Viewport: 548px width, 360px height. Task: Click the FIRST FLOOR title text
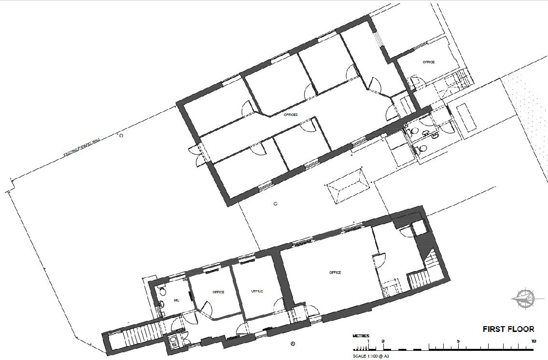pos(508,329)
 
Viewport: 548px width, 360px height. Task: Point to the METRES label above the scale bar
pos(361,336)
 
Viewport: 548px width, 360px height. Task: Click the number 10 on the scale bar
pos(533,341)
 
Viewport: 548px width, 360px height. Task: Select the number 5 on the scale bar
pos(458,341)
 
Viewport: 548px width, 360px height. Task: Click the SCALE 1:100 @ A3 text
pos(371,356)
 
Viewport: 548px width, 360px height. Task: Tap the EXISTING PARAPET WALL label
pos(82,147)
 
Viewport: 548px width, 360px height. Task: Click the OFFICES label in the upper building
pos(291,115)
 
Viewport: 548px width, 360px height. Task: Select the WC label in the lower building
pos(176,300)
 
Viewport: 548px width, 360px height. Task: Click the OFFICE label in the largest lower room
pos(335,273)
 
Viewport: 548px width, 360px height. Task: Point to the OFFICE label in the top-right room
pos(428,62)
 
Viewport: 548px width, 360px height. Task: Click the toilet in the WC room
pos(161,303)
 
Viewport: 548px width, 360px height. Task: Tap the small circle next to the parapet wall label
pos(121,136)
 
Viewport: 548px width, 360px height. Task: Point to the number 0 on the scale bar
pos(383,341)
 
